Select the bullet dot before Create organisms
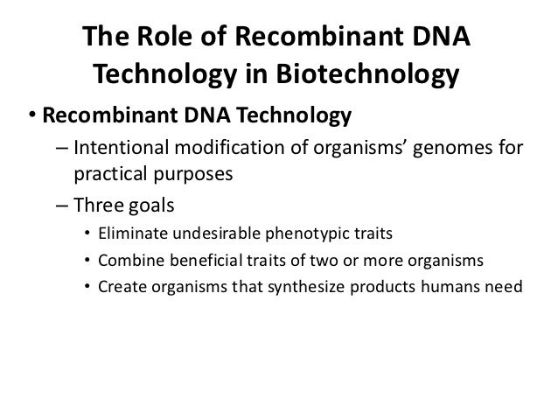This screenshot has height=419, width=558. pos(87,286)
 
